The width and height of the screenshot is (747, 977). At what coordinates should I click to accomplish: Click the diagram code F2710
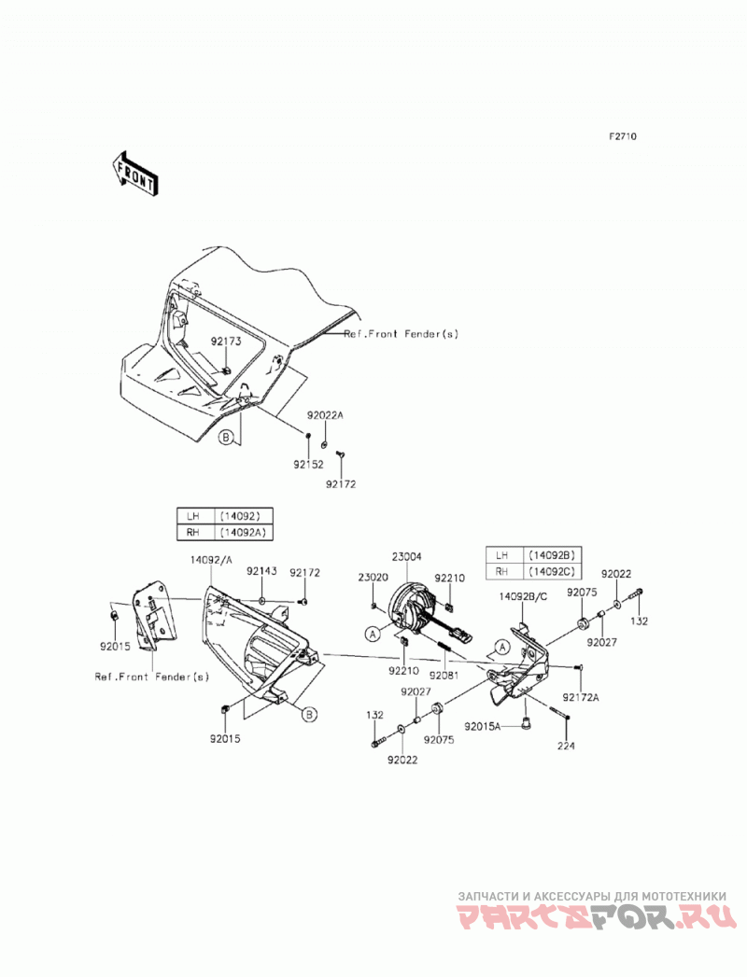pyautogui.click(x=622, y=136)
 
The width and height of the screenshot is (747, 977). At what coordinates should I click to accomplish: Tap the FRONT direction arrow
pyautogui.click(x=134, y=174)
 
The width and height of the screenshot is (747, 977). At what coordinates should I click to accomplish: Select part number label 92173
pyautogui.click(x=225, y=342)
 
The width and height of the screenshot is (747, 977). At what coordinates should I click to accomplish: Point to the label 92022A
pyautogui.click(x=325, y=415)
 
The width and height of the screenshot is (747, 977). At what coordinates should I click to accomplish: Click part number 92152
pyautogui.click(x=308, y=464)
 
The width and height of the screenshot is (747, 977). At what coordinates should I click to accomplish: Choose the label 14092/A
pyautogui.click(x=211, y=560)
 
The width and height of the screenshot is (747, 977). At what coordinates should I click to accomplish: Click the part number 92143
pyautogui.click(x=261, y=571)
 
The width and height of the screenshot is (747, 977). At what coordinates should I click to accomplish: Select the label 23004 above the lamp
pyautogui.click(x=406, y=556)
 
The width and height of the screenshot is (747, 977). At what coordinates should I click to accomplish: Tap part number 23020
pyautogui.click(x=373, y=578)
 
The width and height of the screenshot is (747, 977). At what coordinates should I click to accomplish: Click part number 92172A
pyautogui.click(x=580, y=697)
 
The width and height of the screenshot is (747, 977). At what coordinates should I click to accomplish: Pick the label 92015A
pyautogui.click(x=482, y=726)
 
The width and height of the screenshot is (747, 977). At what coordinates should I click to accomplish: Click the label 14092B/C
pyautogui.click(x=523, y=596)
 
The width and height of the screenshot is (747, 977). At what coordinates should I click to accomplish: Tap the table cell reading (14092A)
pyautogui.click(x=243, y=533)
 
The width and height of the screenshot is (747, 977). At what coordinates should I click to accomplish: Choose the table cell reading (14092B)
pyautogui.click(x=551, y=555)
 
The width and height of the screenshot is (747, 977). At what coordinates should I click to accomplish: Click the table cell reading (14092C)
pyautogui.click(x=551, y=571)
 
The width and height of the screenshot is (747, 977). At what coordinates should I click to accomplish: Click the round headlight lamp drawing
pyautogui.click(x=409, y=606)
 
